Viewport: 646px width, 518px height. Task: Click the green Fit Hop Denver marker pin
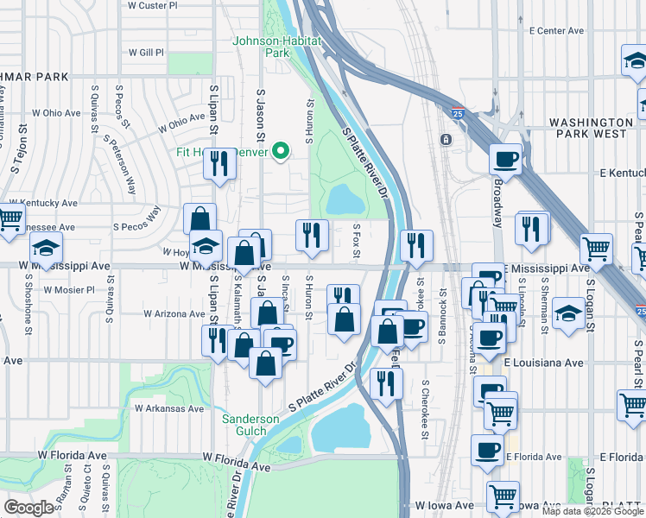pos(280,150)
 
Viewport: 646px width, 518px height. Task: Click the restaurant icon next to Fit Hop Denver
pos(220,163)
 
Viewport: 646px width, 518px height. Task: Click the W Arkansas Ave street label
pos(168,408)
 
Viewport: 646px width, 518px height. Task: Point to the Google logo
pos(28,508)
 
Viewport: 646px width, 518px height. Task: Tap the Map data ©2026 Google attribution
pos(592,511)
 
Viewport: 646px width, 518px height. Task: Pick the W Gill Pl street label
pos(145,53)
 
